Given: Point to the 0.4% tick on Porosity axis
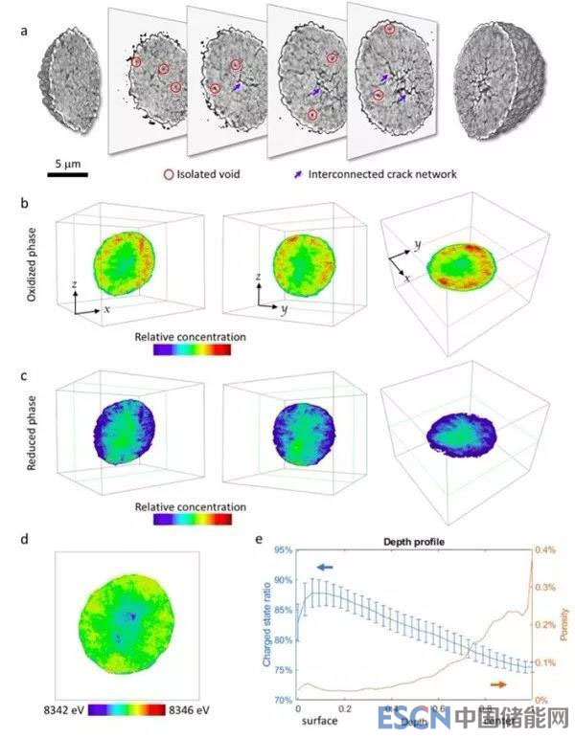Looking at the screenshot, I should [546, 550].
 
